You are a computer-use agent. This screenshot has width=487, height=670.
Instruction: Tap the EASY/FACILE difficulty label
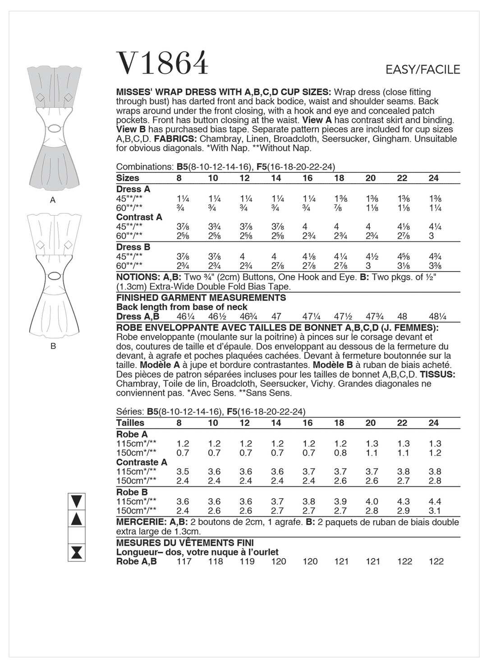click(423, 69)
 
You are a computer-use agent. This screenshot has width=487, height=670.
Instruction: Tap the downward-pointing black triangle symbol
click(77, 501)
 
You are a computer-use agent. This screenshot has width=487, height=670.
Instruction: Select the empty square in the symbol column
click(77, 536)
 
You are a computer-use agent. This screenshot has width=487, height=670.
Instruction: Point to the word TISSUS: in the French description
click(437, 374)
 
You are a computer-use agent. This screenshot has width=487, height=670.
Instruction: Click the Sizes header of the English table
click(128, 178)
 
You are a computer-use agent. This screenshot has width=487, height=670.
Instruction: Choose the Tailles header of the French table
click(130, 423)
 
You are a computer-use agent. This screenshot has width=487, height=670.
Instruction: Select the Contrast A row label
click(139, 217)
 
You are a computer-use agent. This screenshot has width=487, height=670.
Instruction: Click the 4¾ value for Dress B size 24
click(433, 257)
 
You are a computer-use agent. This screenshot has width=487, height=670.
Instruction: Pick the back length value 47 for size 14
click(276, 317)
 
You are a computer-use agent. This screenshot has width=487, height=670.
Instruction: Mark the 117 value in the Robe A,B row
click(184, 562)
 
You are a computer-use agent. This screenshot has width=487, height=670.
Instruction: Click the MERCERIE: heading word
click(140, 522)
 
